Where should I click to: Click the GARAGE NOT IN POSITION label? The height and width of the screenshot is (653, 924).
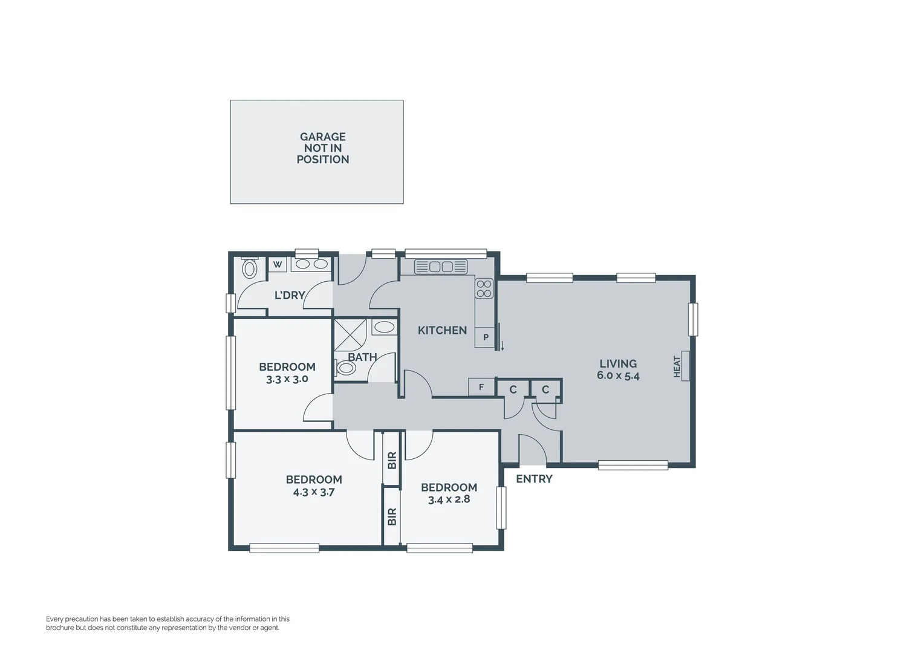322,148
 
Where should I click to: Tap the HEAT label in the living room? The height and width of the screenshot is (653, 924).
677,366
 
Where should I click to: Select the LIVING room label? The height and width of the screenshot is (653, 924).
617,363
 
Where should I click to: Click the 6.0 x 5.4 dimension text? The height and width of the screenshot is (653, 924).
617,375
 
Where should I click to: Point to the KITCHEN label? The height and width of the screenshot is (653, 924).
442,330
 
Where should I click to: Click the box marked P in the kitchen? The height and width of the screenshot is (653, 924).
485,337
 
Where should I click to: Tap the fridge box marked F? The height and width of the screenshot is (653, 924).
481,387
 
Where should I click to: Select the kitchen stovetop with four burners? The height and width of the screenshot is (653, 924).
484,288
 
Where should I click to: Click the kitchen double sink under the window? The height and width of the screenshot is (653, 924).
441,267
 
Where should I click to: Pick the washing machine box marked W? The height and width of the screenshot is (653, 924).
278,265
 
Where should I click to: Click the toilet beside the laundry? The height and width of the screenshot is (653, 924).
249,268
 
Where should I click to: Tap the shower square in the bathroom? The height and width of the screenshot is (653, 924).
350,334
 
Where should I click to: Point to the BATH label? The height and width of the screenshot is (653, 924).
362,357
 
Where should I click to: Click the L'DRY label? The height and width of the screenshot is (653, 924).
290,295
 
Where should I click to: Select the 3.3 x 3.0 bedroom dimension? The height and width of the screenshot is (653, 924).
287,379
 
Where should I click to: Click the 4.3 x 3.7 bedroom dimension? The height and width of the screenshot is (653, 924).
314,492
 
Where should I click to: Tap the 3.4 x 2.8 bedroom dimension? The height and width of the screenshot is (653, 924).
449,499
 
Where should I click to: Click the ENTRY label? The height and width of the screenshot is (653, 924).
534,479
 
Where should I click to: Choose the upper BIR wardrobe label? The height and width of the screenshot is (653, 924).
392,460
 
